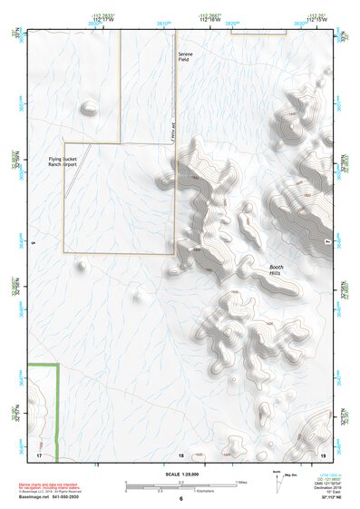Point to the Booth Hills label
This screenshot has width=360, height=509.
click(x=277, y=269)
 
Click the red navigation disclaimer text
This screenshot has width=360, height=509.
click(x=50, y=485)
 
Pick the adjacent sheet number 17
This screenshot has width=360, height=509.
click(x=39, y=455)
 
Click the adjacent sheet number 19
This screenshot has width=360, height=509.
click(x=322, y=455)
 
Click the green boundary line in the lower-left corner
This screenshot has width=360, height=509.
click(x=57, y=408)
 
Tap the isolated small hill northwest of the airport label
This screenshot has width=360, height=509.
click(x=89, y=109)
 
